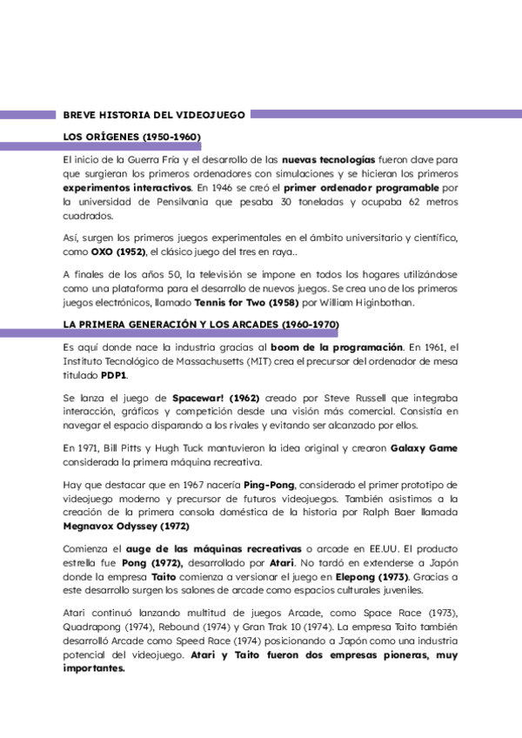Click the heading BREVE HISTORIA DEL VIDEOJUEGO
click(x=155, y=114)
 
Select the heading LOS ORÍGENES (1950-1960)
click(x=132, y=138)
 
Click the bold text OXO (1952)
click(x=120, y=252)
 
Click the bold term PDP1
click(x=114, y=375)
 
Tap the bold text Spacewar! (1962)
click(x=216, y=397)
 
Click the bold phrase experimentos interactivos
click(x=127, y=187)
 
